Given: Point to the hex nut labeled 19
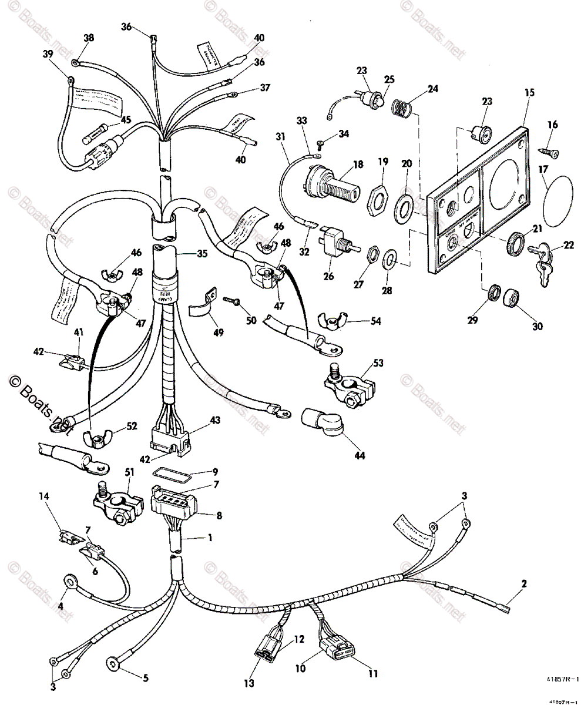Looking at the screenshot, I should (x=374, y=200).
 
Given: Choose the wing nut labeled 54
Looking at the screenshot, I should (x=332, y=321).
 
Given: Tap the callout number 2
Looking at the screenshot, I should (x=523, y=584).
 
